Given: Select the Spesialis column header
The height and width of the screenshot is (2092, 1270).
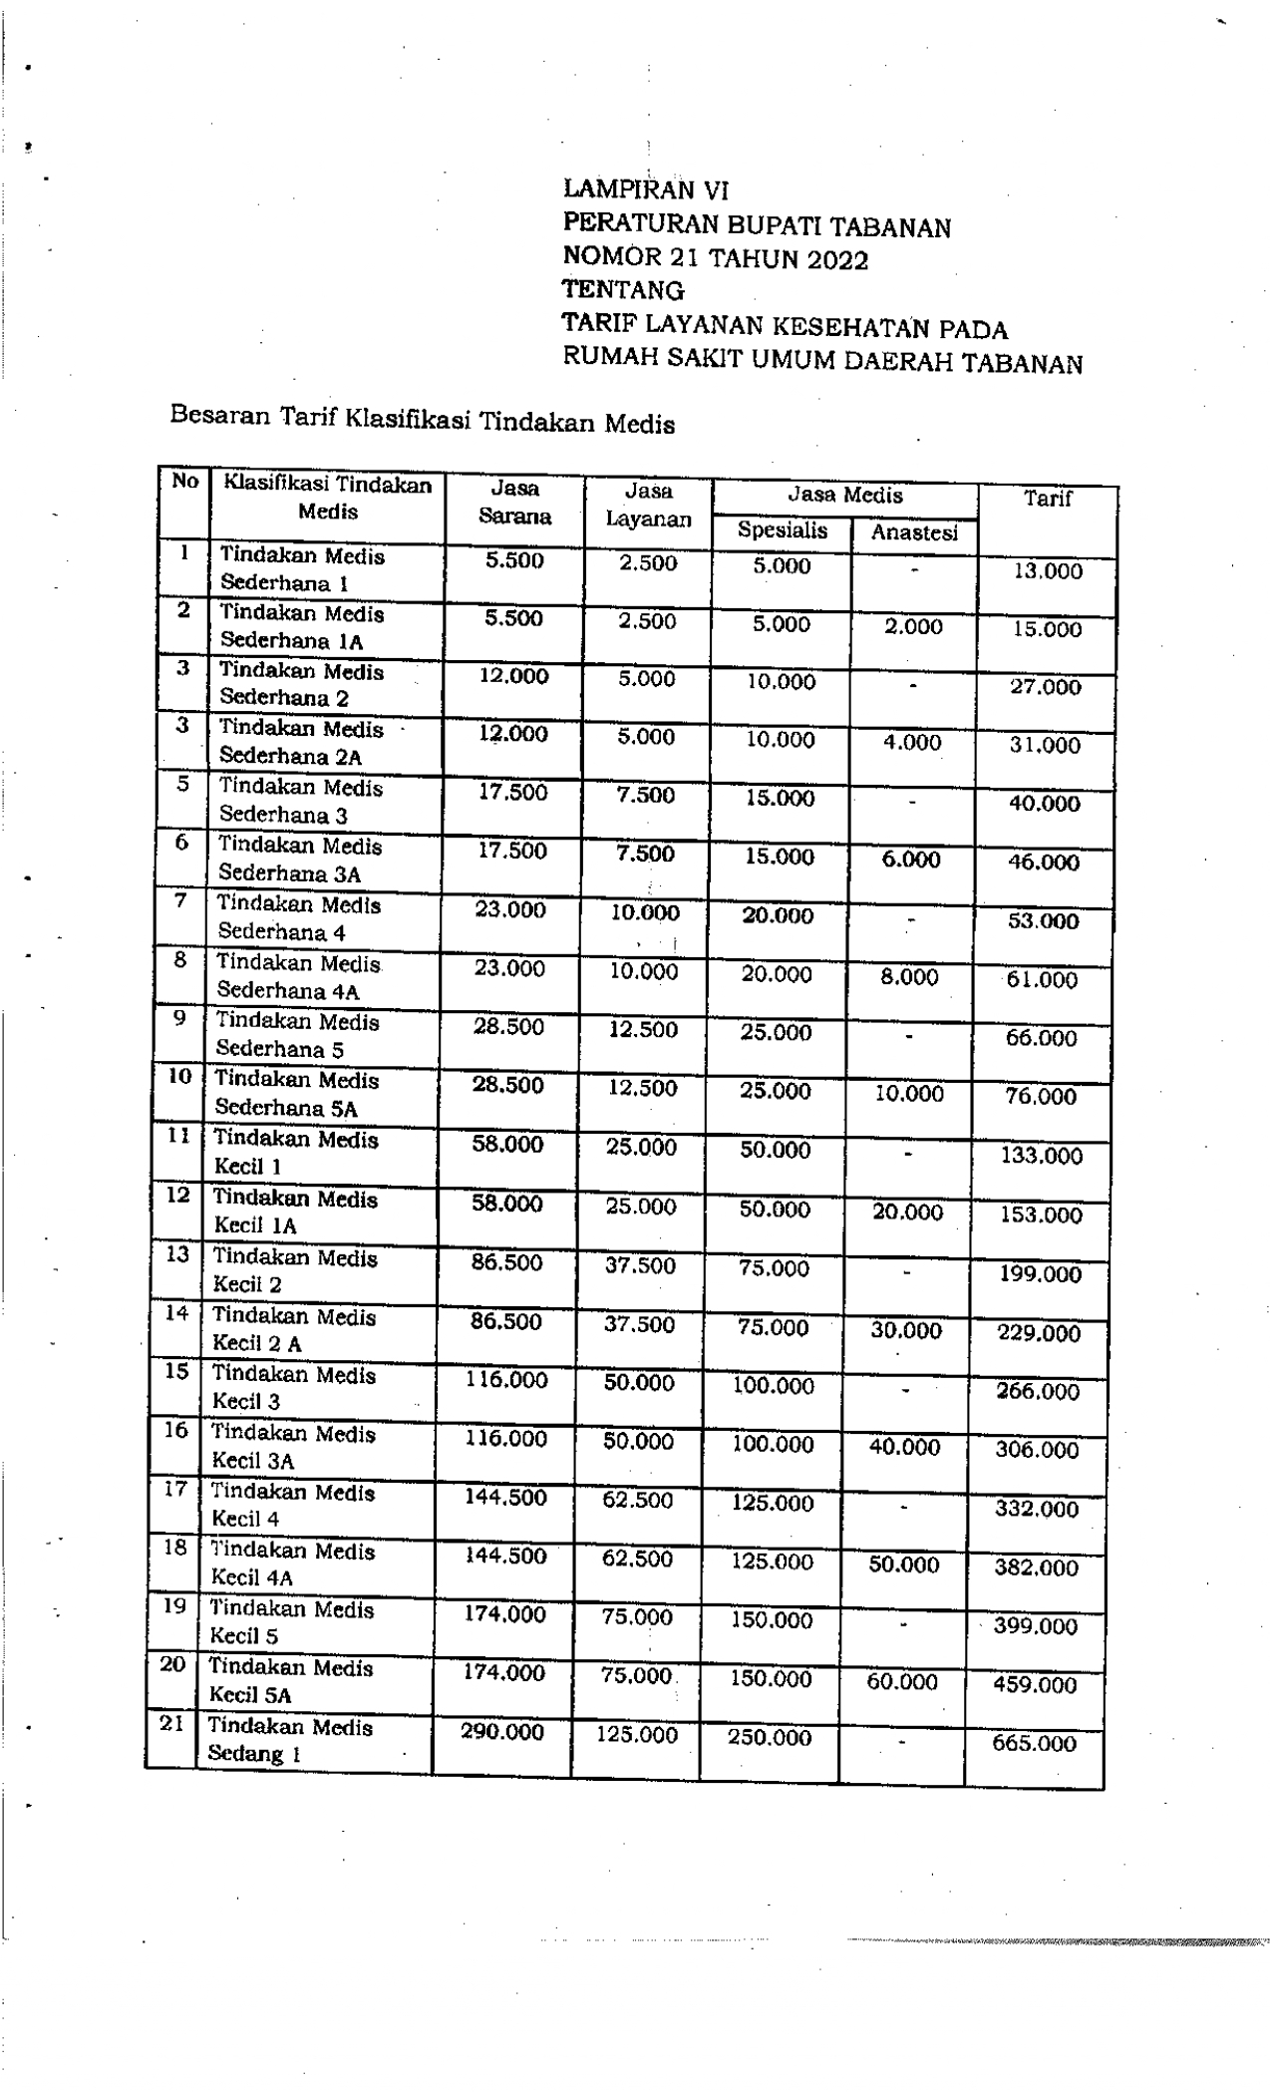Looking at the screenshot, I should pos(782,530).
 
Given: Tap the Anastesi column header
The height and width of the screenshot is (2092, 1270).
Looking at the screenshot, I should pos(914,532).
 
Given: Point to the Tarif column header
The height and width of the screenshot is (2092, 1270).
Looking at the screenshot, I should pos(1047,499).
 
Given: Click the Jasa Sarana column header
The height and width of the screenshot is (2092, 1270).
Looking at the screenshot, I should pos(514,503).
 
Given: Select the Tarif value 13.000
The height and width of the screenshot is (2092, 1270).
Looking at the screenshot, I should pos(1048,571).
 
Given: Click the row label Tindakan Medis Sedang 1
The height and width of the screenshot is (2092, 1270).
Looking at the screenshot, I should pos(290,1740).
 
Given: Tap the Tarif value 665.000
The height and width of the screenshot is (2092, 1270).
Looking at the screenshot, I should pos(1034,1743).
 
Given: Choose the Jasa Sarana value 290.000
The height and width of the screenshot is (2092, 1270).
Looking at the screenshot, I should pos(502,1732).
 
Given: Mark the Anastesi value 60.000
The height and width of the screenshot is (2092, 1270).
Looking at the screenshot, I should pos(902,1682).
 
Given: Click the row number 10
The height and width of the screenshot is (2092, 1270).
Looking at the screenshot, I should pos(179,1076).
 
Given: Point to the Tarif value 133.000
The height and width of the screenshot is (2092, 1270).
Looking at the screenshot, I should pos(1041,1156).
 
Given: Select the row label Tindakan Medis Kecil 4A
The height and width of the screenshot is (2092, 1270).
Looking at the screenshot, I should pos(292,1564).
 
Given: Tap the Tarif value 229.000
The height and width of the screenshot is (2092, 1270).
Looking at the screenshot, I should pos(1039,1333).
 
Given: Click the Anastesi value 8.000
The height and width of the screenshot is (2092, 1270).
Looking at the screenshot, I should pos(909,977).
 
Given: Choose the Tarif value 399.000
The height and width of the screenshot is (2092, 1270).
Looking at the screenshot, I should pos(1036,1626).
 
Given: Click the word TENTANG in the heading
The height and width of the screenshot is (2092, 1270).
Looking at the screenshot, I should pos(623,291).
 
